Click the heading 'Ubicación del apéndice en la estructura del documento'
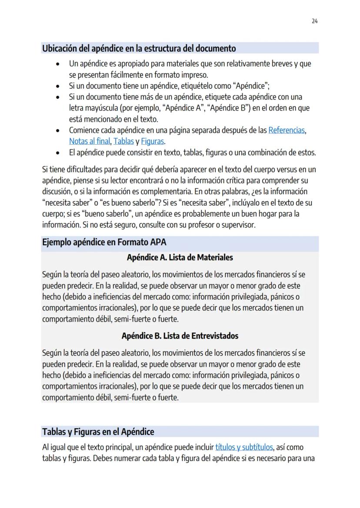tap(139, 48)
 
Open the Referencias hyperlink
tap(287, 130)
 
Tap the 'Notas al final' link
tap(90, 141)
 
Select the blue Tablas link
tap(123, 141)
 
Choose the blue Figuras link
tap(153, 141)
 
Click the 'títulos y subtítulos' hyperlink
tap(245, 447)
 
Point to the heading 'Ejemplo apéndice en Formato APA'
tap(104, 242)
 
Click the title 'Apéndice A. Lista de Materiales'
tap(180, 257)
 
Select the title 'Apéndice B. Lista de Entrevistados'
tap(180, 336)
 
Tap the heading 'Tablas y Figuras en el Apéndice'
tap(98, 432)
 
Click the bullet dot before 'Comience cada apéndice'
tap(58, 130)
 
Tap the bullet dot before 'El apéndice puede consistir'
tap(58, 153)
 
